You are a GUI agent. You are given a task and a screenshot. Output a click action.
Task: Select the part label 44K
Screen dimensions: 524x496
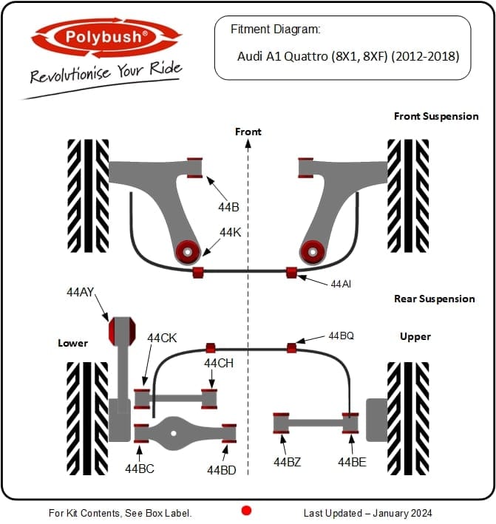pyautogui.click(x=230, y=233)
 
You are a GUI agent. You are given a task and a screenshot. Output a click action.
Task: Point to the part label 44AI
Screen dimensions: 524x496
pyautogui.click(x=341, y=283)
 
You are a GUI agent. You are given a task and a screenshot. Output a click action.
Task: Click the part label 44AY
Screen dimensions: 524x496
pyautogui.click(x=81, y=293)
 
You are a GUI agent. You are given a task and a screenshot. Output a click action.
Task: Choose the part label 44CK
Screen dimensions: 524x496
pyautogui.click(x=162, y=338)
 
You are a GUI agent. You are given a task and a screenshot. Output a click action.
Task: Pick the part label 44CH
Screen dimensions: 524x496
pyautogui.click(x=219, y=363)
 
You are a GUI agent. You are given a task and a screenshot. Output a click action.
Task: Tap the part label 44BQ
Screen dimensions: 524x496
pyautogui.click(x=341, y=336)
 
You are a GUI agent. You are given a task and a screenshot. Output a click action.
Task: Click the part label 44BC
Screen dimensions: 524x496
pyautogui.click(x=139, y=468)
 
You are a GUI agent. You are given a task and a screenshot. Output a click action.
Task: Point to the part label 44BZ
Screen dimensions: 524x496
pyautogui.click(x=287, y=462)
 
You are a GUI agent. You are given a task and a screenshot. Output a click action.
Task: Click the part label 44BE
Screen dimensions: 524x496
pyautogui.click(x=352, y=462)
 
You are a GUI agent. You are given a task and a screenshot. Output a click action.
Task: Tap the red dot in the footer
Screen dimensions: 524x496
pyautogui.click(x=247, y=511)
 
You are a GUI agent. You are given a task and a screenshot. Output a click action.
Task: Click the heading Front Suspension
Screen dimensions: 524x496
pyautogui.click(x=436, y=116)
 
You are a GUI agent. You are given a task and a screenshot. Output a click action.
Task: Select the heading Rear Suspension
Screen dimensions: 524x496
pyautogui.click(x=434, y=299)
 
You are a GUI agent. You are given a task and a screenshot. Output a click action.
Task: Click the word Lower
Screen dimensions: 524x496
pyautogui.click(x=72, y=343)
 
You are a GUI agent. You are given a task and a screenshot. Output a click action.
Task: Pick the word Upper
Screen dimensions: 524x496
pyautogui.click(x=415, y=336)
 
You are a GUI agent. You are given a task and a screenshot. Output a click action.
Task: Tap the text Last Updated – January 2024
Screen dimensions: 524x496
pyautogui.click(x=367, y=513)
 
